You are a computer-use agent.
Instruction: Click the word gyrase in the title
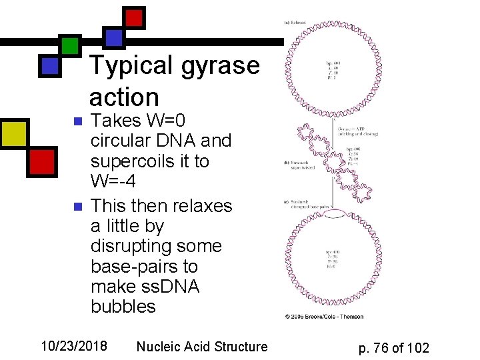click(x=219, y=65)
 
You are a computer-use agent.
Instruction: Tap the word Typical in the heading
click(x=131, y=65)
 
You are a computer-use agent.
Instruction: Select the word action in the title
click(x=124, y=97)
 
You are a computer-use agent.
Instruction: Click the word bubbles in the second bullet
click(x=123, y=306)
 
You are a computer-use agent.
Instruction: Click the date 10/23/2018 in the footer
click(x=74, y=346)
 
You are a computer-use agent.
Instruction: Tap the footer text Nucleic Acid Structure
click(x=201, y=346)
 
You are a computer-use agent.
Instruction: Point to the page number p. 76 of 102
click(x=393, y=347)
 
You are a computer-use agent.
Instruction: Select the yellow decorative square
click(x=14, y=133)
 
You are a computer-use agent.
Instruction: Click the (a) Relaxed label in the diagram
click(x=297, y=22)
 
